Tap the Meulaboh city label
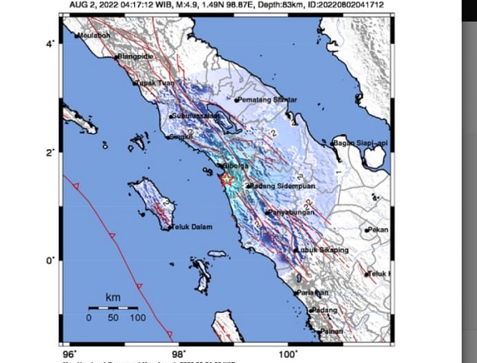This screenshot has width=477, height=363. pos(95,35)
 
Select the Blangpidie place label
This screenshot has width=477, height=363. pos(134,56)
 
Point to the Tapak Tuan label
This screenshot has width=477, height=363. pos(154,83)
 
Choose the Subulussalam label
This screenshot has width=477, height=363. pos(197,117)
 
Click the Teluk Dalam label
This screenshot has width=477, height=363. pos(192,227)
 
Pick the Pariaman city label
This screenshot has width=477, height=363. pos(313,292)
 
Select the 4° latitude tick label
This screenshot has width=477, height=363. pos(50,43)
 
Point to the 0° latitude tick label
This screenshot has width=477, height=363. pos(50,261)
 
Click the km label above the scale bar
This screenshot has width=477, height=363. pos(112,298)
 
